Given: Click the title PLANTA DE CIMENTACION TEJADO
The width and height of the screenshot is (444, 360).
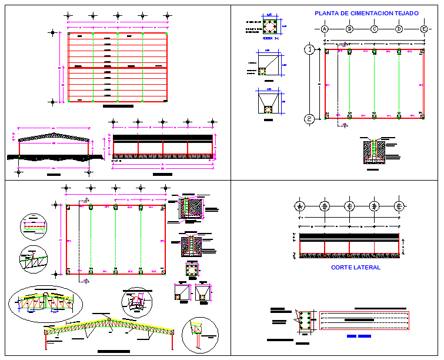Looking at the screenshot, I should [366, 13].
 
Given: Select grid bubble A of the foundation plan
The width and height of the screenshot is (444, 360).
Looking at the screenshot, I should [324, 29].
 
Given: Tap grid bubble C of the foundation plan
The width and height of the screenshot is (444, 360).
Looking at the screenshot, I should [374, 29].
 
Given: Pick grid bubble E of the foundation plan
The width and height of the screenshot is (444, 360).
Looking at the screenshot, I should [424, 29].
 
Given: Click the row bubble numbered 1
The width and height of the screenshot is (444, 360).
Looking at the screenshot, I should [309, 49].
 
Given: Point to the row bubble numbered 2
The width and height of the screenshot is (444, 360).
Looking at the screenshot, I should [309, 119].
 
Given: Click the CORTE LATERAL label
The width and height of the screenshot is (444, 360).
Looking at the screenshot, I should [355, 268].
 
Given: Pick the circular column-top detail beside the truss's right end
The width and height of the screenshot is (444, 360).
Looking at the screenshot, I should [199, 335].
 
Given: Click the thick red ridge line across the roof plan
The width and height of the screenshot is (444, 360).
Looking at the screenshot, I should [118, 68].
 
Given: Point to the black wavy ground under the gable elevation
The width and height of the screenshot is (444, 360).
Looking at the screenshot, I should [53, 157].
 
